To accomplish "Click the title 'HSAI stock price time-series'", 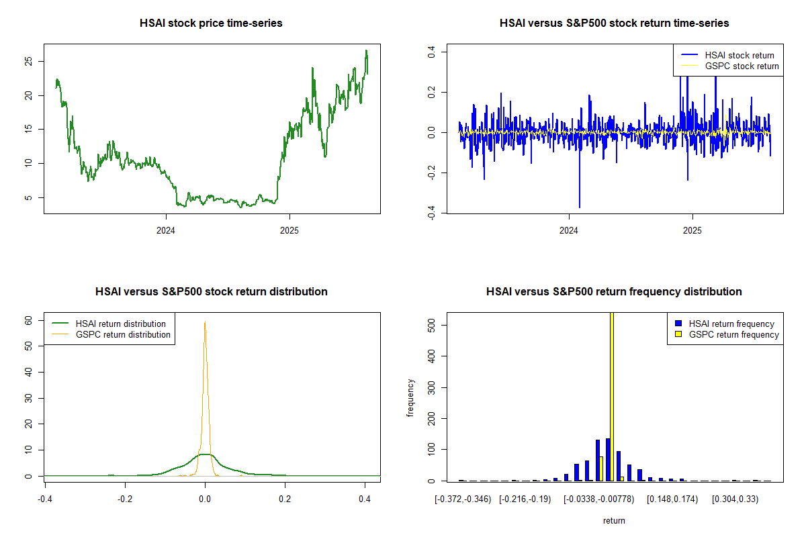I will click(x=211, y=23).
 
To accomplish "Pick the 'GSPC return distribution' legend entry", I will click(x=123, y=334).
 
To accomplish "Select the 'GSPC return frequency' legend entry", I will click(x=733, y=334).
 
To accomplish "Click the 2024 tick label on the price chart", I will click(x=165, y=230).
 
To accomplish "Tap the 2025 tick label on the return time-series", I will click(x=692, y=230).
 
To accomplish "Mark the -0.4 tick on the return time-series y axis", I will click(x=432, y=215).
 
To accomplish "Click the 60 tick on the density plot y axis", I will click(x=30, y=320).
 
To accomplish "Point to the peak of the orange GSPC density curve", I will click(x=205, y=322).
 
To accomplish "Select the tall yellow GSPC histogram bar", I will click(x=611, y=396).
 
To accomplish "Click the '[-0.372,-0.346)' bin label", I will click(x=463, y=499).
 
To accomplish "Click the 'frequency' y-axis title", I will click(x=410, y=398).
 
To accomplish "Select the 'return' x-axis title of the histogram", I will click(x=614, y=520).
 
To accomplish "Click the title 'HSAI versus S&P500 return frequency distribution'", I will click(x=614, y=292).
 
